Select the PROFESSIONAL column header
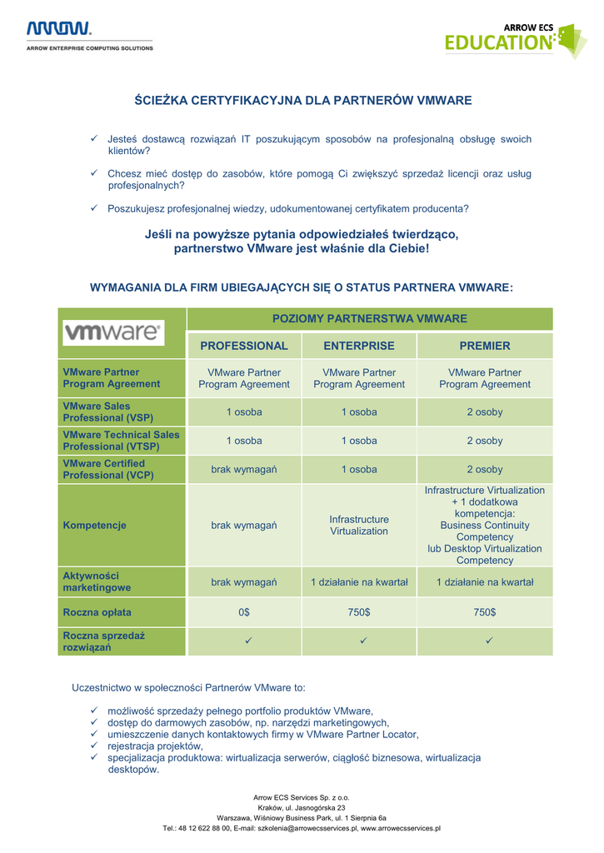coord(244,346)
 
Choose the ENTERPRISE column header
coord(359,346)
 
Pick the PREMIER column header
coord(485,346)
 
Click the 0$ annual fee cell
coord(244,612)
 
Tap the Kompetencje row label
coord(94,526)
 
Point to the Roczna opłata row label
coord(97,612)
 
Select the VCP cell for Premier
coord(485,470)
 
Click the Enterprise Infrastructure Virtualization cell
coord(359,526)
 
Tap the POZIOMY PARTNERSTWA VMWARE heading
coord(370,318)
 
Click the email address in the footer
coord(307,828)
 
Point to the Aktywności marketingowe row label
coord(97,581)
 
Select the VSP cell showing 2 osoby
coord(485,412)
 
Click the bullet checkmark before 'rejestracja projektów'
coord(95,746)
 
